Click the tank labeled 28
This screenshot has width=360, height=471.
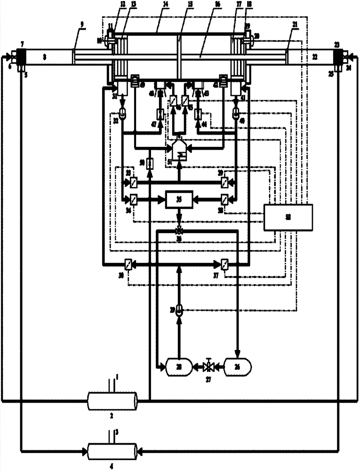pyautogui.click(x=177, y=365)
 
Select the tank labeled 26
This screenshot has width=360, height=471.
pyautogui.click(x=238, y=365)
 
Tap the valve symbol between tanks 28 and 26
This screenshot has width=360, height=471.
pyautogui.click(x=208, y=366)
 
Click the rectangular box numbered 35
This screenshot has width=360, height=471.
pyautogui.click(x=178, y=199)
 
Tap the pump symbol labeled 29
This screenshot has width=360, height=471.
pyautogui.click(x=178, y=310)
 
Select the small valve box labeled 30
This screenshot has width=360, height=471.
pyautogui.click(x=128, y=264)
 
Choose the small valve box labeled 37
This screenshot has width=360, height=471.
pyautogui.click(x=225, y=264)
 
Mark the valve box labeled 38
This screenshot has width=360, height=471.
pyautogui.click(x=225, y=199)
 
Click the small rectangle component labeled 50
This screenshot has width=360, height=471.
pyautogui.click(x=149, y=163)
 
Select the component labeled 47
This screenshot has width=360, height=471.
pyautogui.click(x=160, y=114)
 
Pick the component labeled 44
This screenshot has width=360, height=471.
pyautogui.click(x=197, y=114)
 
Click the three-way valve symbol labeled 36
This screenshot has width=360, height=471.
pyautogui.click(x=178, y=231)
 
